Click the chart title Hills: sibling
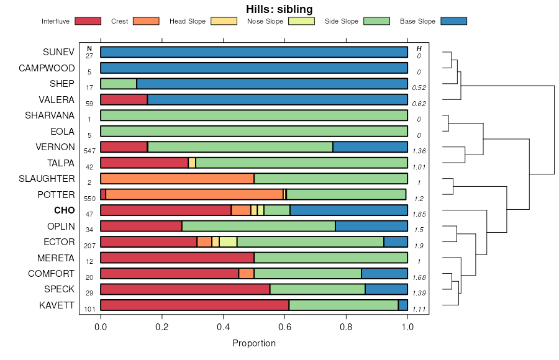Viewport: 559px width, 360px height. click(x=279, y=9)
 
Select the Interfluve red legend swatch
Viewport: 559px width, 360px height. click(x=88, y=21)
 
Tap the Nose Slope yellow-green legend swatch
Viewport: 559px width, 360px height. click(x=301, y=21)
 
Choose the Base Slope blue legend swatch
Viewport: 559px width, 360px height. click(x=453, y=21)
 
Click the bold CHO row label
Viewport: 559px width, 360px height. click(x=64, y=210)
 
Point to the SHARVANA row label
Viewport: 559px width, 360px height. click(x=50, y=115)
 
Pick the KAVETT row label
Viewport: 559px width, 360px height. click(x=56, y=305)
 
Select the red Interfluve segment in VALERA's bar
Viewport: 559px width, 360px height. click(x=124, y=99)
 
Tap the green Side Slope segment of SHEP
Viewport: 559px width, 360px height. click(x=118, y=84)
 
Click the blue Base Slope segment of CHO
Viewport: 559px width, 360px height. click(x=348, y=210)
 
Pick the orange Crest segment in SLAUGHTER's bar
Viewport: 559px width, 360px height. click(x=177, y=179)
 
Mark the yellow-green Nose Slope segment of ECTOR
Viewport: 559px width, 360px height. click(x=228, y=242)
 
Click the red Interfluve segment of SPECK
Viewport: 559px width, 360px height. click(x=185, y=289)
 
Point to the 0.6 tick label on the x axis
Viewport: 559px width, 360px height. click(x=284, y=326)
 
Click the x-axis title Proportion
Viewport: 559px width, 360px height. click(x=253, y=343)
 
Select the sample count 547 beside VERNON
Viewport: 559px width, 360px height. click(x=89, y=151)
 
